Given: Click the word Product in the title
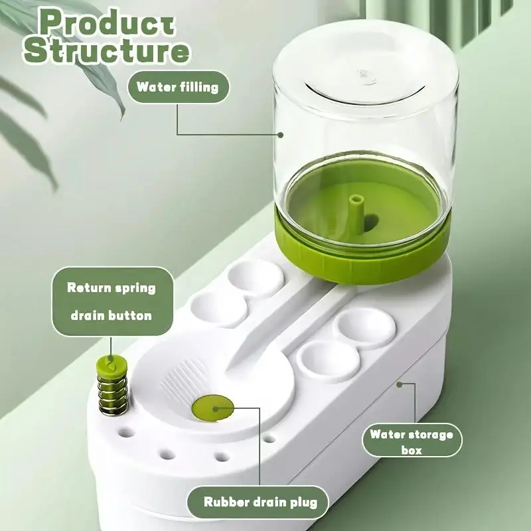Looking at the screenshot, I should point(107,22).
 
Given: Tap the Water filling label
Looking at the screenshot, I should point(177,87).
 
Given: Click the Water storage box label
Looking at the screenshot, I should point(412,442).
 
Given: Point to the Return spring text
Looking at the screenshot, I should point(111,288).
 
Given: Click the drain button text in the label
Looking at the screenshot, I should point(111,315).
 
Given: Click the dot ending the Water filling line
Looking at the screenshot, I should point(281,135).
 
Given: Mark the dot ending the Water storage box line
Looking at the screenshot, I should point(398,383).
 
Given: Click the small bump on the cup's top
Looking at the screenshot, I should point(364,75).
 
